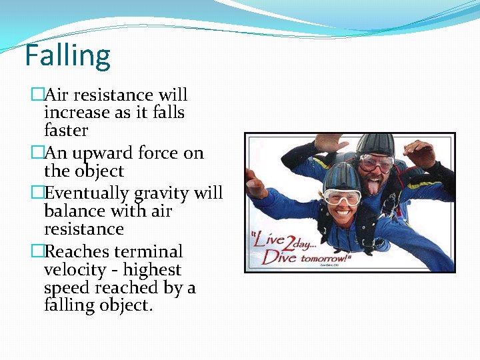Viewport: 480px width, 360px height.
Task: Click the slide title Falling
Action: coord(67,56)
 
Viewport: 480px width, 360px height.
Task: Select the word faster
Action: coord(65,131)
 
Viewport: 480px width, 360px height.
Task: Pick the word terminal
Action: coord(148,252)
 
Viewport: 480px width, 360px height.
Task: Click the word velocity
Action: coord(75,270)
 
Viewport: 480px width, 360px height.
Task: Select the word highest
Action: coord(153,270)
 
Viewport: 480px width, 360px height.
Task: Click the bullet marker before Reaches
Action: coord(37,252)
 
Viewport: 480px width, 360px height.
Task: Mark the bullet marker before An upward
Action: coord(37,153)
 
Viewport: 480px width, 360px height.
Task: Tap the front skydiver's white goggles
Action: coord(341,195)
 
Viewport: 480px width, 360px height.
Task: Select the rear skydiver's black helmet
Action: coord(375,145)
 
